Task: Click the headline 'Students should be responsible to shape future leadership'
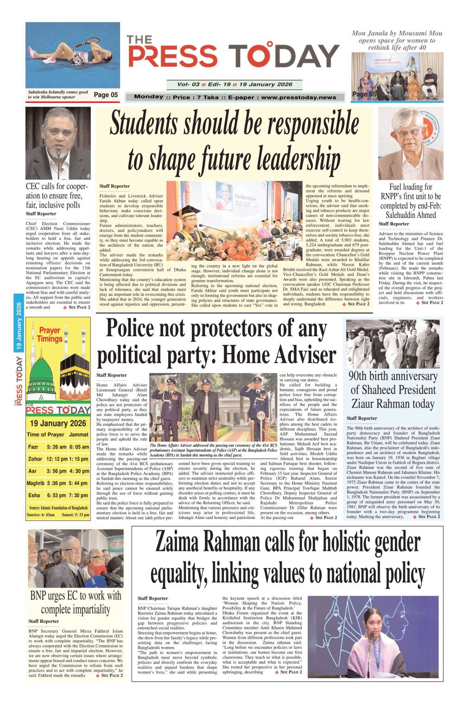click(x=234, y=141)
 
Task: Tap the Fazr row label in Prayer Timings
click(x=33, y=447)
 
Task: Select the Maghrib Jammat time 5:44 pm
click(x=79, y=483)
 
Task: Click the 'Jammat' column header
click(x=79, y=435)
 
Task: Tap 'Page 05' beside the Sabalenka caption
click(x=106, y=95)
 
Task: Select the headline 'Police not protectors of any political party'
click(x=216, y=342)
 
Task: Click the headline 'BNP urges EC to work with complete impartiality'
click(x=76, y=602)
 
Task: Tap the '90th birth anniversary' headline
click(x=393, y=390)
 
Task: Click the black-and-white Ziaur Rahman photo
click(x=393, y=344)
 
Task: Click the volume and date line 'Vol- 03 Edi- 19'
click(x=234, y=84)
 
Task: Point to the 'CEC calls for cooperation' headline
click(x=57, y=196)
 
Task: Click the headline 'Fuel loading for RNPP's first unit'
click(x=411, y=201)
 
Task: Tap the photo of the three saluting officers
click(x=213, y=407)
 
